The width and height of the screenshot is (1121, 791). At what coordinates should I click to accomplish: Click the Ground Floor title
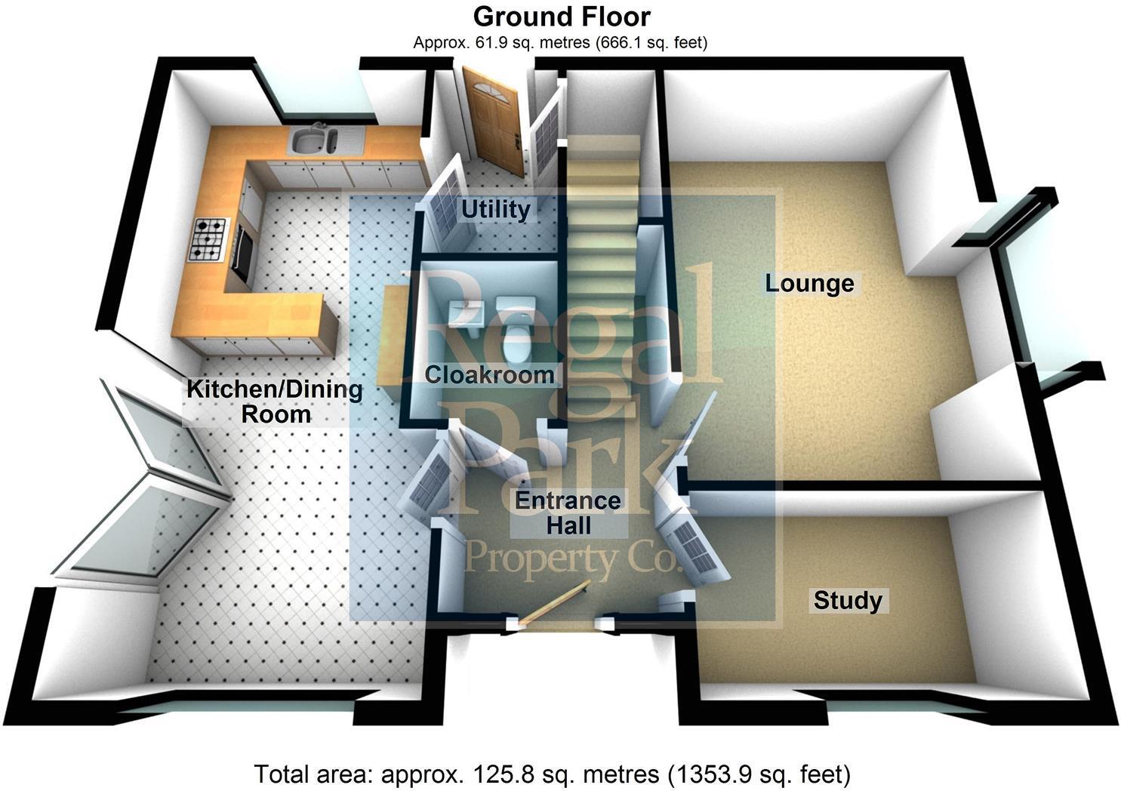pyautogui.click(x=561, y=17)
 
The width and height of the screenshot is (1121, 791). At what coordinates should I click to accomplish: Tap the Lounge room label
pyautogui.click(x=809, y=284)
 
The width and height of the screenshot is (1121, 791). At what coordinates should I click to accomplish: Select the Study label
pyautogui.click(x=847, y=601)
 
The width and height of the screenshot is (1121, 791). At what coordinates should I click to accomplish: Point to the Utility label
pyautogui.click(x=495, y=209)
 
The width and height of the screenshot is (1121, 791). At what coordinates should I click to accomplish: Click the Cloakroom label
pyautogui.click(x=489, y=374)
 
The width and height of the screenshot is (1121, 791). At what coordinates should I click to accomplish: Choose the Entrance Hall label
pyautogui.click(x=568, y=512)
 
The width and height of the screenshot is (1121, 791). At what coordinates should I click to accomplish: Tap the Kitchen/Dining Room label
pyautogui.click(x=275, y=402)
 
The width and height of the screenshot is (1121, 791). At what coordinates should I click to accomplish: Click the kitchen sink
pyautogui.click(x=314, y=141)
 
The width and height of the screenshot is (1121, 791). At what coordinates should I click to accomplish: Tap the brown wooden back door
pyautogui.click(x=493, y=121)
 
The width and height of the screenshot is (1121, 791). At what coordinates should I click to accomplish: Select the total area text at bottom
pyautogui.click(x=553, y=774)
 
